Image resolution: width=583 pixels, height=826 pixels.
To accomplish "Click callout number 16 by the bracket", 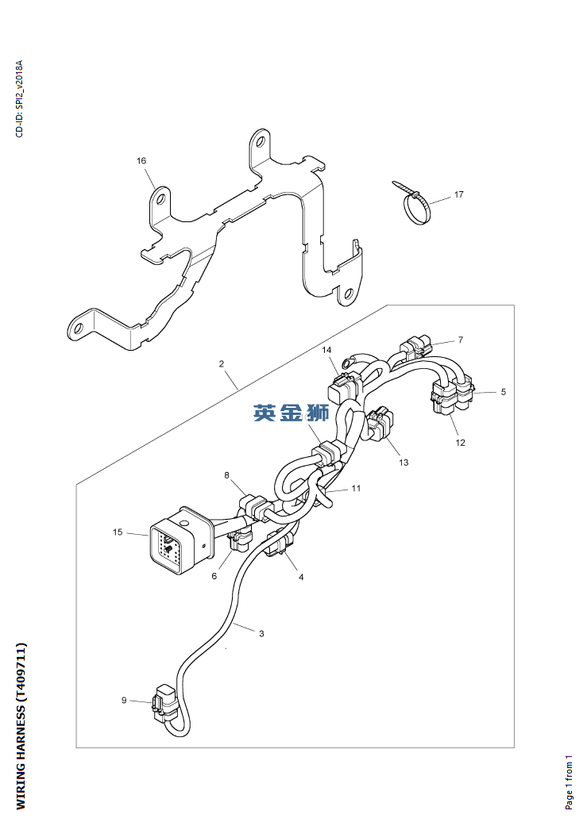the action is (141, 160).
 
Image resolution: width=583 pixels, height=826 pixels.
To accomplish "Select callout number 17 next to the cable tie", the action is (458, 194).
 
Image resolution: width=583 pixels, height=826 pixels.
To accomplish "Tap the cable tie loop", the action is (417, 209).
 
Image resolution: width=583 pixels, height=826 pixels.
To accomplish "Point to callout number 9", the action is (124, 700).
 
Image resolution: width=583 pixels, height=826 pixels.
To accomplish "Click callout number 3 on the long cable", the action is (261, 633).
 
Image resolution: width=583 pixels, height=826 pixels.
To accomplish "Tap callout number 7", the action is (460, 340).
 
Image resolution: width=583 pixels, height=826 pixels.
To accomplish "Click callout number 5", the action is (504, 392).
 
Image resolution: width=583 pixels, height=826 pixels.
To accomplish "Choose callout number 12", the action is (460, 443).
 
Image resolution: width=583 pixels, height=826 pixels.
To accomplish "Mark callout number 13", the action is (403, 463).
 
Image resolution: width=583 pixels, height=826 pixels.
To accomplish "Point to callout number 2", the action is (222, 363).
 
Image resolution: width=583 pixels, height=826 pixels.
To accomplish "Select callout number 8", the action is (226, 475).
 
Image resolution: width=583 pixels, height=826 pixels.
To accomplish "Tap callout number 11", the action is (356, 488).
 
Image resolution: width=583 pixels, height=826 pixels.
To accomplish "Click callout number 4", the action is (301, 577).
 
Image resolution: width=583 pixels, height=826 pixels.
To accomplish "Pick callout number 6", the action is (214, 576).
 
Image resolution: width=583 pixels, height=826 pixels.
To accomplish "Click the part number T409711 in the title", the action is (20, 674).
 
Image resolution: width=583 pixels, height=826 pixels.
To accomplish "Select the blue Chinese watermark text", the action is (291, 413).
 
